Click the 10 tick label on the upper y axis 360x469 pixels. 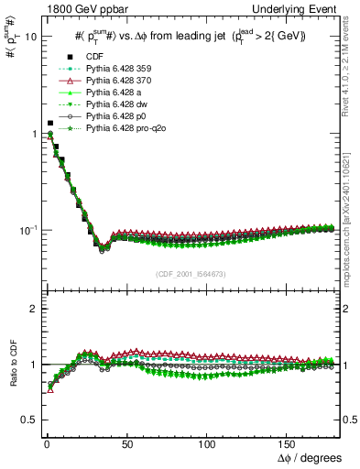[29, 38]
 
